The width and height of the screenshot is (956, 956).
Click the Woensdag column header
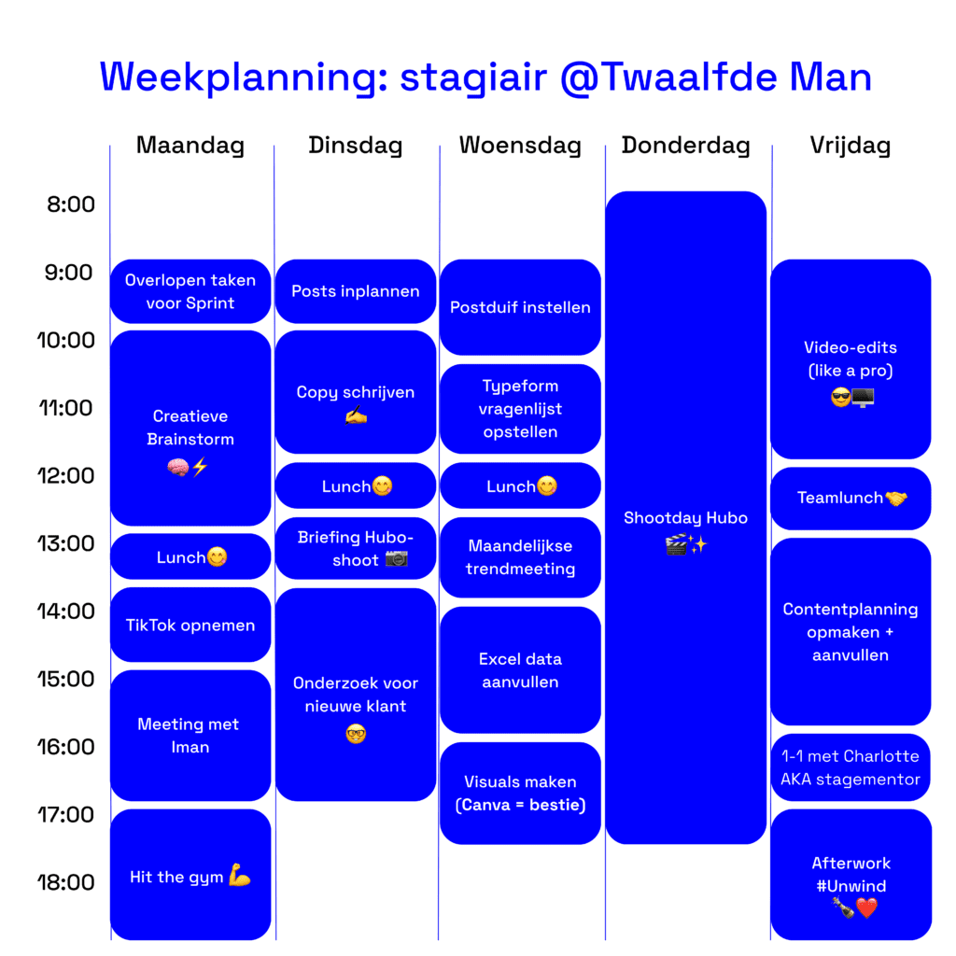520,146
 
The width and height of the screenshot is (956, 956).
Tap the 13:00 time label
66,543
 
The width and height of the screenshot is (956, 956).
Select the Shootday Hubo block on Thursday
686,517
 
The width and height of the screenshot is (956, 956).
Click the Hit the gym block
190,875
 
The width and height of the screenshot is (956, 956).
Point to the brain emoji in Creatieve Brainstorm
178,468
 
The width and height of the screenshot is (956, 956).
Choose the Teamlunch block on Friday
851,499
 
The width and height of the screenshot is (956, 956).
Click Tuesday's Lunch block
356,485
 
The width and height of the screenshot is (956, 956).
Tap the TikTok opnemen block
190,625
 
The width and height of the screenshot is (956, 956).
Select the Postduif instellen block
520,307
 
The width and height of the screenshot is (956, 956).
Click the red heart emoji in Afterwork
866,908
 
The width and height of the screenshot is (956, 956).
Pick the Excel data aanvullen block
520,670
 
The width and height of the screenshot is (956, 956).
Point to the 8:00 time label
71,204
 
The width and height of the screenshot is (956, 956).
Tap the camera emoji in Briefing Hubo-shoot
396,558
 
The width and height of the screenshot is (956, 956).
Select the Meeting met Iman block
190,736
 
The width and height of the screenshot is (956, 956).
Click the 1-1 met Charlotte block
851,767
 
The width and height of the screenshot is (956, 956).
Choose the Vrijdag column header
851,146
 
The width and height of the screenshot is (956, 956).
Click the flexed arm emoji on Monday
240,875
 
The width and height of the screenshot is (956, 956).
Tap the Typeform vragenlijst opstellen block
520,409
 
